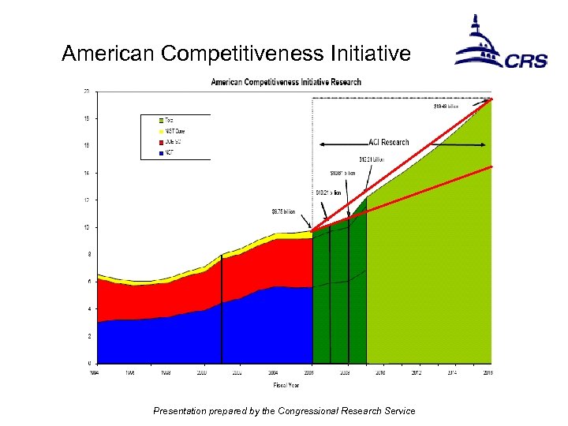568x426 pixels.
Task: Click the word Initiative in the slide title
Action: coord(370,54)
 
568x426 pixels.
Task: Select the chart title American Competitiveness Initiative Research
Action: coord(286,82)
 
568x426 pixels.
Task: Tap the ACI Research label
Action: coord(389,143)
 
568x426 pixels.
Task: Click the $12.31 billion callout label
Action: coord(372,159)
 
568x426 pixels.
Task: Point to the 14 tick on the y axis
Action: coord(86,173)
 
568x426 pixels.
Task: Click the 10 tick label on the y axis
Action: coord(86,227)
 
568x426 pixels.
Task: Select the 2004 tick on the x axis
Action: coord(272,371)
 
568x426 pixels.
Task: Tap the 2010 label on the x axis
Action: coord(379,371)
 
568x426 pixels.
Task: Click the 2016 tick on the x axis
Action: coord(488,371)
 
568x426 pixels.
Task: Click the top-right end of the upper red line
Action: coord(491,99)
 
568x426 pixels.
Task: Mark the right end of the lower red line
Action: coord(491,166)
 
